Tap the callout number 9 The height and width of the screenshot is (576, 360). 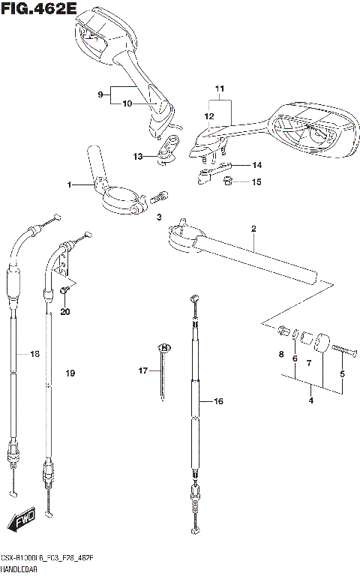99,94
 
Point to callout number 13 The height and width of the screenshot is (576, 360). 137,157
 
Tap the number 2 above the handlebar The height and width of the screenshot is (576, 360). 253,227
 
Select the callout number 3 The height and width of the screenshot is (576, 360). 159,217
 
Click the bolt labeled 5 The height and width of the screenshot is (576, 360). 335,348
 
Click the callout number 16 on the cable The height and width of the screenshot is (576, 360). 218,402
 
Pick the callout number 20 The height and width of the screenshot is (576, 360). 64,311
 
